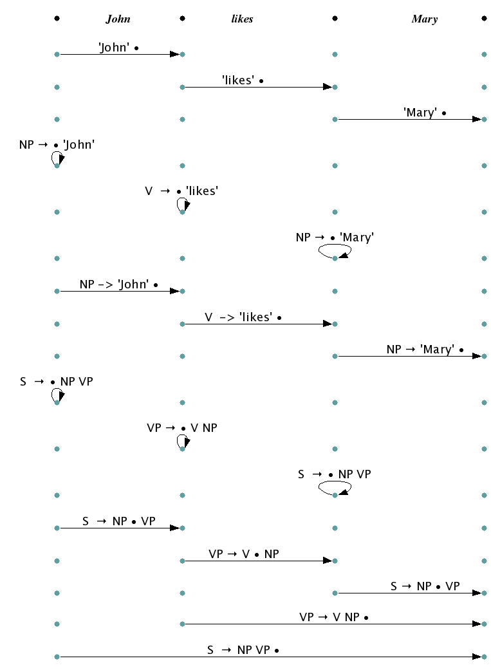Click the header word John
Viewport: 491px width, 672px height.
(118, 19)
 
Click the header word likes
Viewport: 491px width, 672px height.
(242, 19)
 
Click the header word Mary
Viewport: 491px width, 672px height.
(424, 19)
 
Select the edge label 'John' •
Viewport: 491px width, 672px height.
(119, 48)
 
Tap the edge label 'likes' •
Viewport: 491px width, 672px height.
(243, 80)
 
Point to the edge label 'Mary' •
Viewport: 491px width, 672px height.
(425, 113)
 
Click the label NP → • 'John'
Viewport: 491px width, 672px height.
(57, 145)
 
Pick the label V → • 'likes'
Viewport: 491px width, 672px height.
(181, 191)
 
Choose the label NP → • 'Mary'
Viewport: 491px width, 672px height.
(335, 238)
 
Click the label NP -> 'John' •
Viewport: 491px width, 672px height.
(119, 285)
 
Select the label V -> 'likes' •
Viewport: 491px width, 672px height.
(243, 317)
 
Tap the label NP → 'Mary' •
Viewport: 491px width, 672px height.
(425, 350)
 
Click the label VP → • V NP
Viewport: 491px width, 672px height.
(182, 427)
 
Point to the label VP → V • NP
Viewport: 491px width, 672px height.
(244, 554)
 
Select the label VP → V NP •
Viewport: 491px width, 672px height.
(334, 617)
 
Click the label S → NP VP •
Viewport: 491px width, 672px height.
(243, 650)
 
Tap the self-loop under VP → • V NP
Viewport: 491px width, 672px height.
(183, 442)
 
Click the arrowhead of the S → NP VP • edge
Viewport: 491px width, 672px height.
(477, 657)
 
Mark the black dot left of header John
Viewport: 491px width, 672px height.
(57, 19)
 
